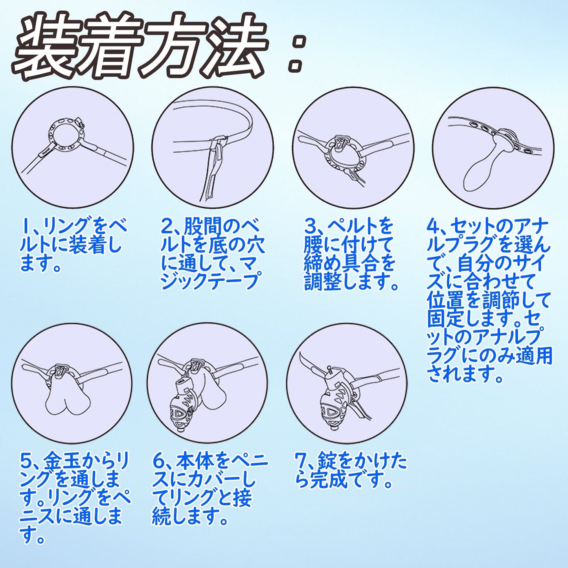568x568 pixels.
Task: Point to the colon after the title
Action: pos(296,53)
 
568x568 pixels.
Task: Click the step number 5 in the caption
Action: pos(26,460)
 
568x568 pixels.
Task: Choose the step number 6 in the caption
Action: pos(158,460)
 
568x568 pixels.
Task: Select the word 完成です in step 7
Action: pos(350,480)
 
